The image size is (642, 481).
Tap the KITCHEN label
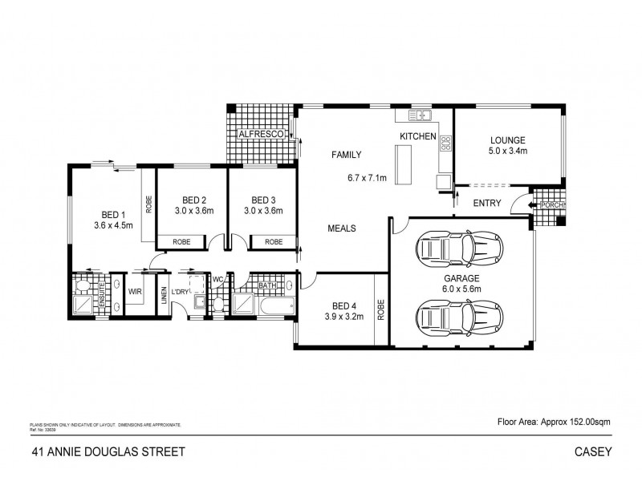(x=417, y=137)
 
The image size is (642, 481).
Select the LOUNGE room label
(x=507, y=137)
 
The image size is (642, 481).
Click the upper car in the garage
(x=461, y=250)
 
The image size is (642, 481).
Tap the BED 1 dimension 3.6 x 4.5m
(x=113, y=226)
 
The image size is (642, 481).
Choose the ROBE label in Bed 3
(x=273, y=241)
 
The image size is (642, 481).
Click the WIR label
(x=135, y=293)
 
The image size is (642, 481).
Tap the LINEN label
(x=164, y=296)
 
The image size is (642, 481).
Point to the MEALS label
(x=342, y=228)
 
